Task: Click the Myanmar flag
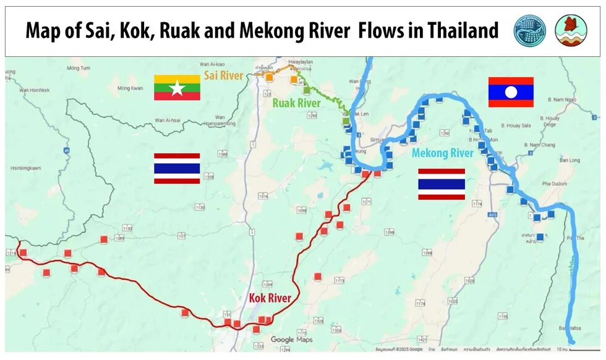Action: (177, 87)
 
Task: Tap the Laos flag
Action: (510, 92)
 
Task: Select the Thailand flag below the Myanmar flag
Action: (177, 168)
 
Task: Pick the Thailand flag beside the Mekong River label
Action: (441, 184)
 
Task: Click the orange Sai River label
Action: (224, 76)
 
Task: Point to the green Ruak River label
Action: (297, 103)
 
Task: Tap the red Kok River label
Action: (270, 298)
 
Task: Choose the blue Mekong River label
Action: (443, 153)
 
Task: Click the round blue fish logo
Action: (530, 31)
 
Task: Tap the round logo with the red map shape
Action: (570, 31)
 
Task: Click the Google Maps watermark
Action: (291, 340)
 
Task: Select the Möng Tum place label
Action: (79, 67)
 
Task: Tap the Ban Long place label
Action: (570, 160)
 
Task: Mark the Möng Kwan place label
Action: (129, 88)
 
